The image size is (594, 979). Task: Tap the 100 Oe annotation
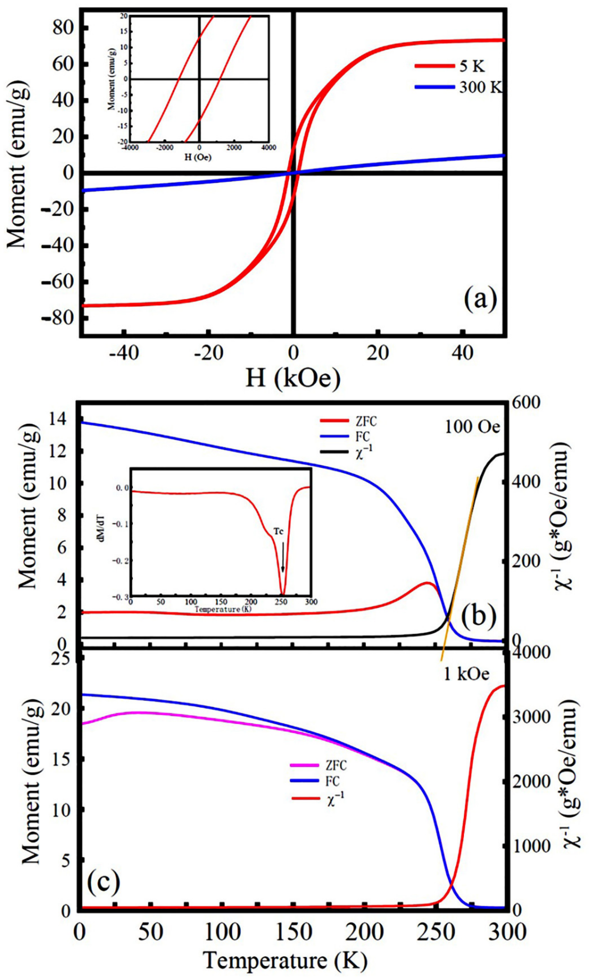click(x=472, y=427)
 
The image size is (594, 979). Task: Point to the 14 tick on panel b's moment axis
click(x=64, y=419)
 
